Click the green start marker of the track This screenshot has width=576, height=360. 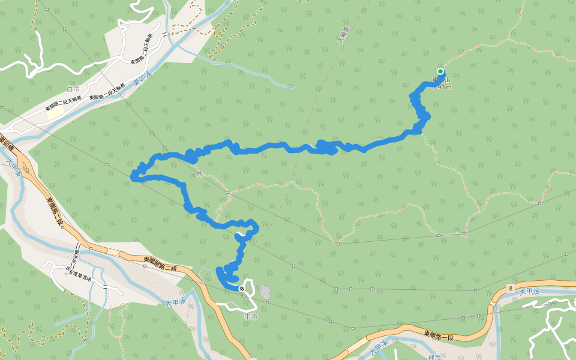coord(440,71)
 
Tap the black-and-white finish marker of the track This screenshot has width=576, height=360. coord(241,289)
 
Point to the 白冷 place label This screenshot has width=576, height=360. coord(73,88)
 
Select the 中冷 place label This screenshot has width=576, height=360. coord(251,316)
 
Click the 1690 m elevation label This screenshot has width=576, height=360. coord(441,88)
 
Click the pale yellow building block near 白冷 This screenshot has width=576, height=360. coord(55,112)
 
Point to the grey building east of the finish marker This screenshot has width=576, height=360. coord(264,292)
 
